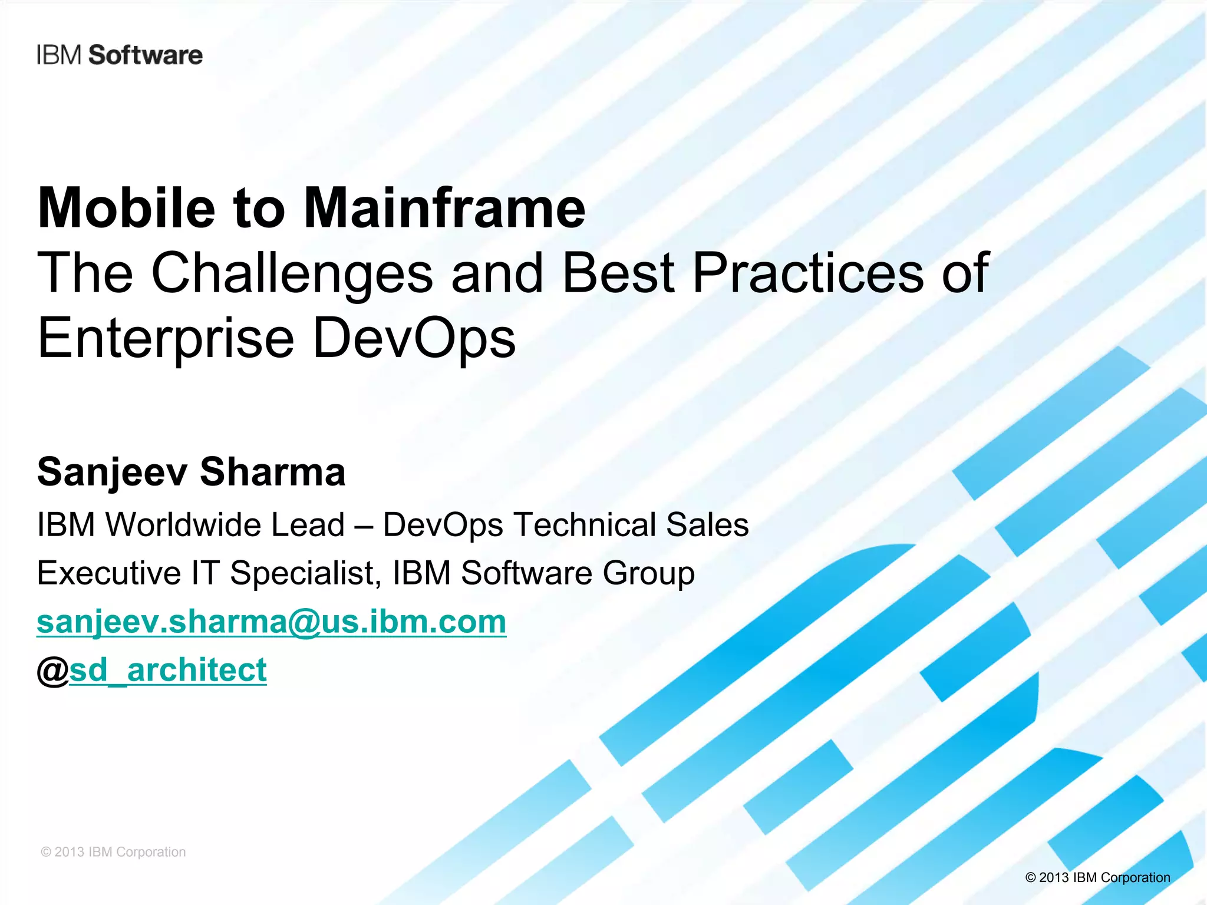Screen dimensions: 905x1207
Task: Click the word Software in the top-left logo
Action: click(145, 55)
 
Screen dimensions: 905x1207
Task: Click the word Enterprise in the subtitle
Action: click(166, 338)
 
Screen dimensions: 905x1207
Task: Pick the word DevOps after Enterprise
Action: click(414, 338)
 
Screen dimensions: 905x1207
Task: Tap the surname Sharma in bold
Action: click(272, 472)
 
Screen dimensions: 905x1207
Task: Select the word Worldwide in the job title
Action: click(225, 524)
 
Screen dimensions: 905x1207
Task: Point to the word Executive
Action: click(109, 573)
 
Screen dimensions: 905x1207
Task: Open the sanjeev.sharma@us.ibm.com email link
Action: click(271, 622)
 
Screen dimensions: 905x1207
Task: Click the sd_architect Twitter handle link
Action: click(168, 671)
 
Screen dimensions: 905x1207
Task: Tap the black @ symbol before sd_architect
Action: click(53, 671)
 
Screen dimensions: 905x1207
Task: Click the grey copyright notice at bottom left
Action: click(113, 852)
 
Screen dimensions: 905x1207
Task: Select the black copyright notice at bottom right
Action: click(1097, 877)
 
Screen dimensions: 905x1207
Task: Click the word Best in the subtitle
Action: click(618, 273)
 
